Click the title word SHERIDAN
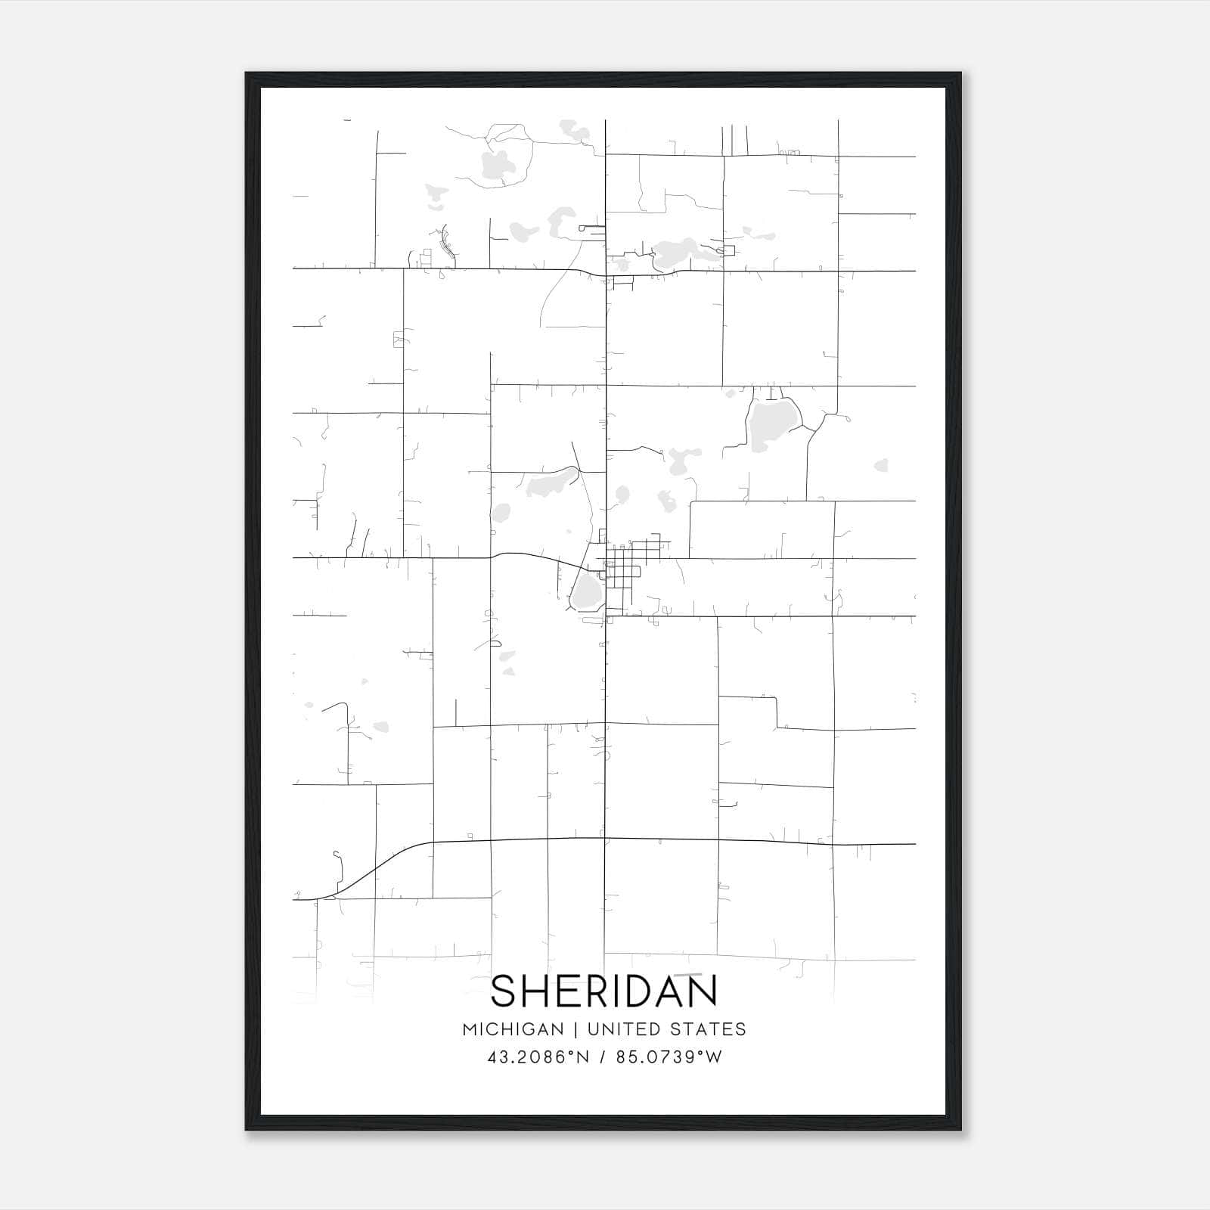pos(604,991)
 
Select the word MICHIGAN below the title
pos(513,1029)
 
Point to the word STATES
pos(711,1029)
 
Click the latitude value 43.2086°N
pos(538,1057)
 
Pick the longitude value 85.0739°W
pos(669,1057)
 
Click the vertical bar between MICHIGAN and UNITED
pos(576,1029)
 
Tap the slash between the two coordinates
pos(603,1057)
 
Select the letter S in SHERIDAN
pos(505,991)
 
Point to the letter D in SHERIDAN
pos(635,991)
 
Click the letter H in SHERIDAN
pos(538,991)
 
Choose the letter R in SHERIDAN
pos(594,991)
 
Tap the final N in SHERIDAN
pos(703,991)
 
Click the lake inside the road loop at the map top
pos(495,163)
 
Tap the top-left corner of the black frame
pos(247,74)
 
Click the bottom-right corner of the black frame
pos(960,1129)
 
